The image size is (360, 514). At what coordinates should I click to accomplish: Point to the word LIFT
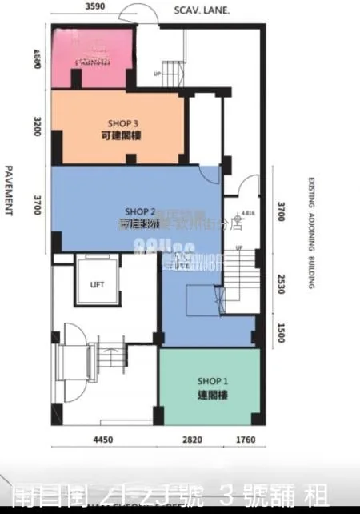click(x=97, y=284)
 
